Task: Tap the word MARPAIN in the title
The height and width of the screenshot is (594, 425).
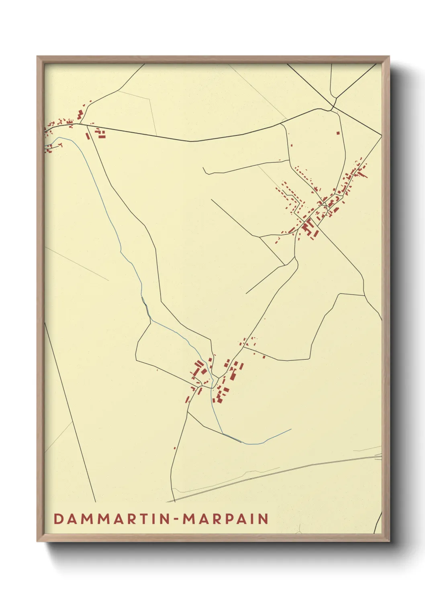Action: point(225,519)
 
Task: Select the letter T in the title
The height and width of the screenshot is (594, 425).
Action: point(143,519)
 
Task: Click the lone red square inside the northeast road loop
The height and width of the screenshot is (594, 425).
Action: point(338,132)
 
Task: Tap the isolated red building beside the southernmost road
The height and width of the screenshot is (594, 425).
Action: point(175,448)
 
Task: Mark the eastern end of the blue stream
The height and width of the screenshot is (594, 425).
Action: point(290,429)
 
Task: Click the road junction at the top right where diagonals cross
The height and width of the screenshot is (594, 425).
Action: point(333,108)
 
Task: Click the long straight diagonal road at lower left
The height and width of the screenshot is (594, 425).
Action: point(70,413)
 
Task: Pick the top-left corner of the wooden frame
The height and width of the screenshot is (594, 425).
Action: point(37,57)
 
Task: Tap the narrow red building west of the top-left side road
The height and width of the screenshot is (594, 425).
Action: point(87,136)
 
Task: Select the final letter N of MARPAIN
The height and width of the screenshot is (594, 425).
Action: point(263,519)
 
